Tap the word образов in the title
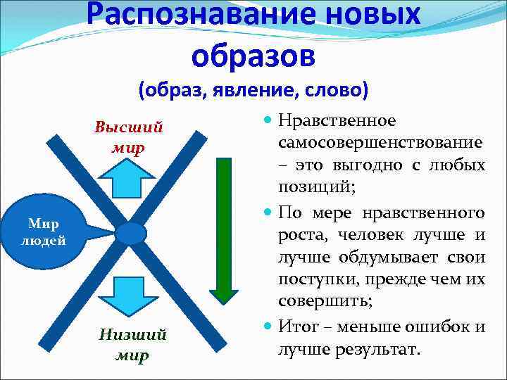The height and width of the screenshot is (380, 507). pyautogui.click(x=253, y=55)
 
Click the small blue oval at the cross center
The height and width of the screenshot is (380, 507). pyautogui.click(x=130, y=233)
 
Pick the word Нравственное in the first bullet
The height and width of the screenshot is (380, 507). pyautogui.click(x=337, y=122)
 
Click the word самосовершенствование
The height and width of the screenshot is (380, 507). pyautogui.click(x=380, y=144)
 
